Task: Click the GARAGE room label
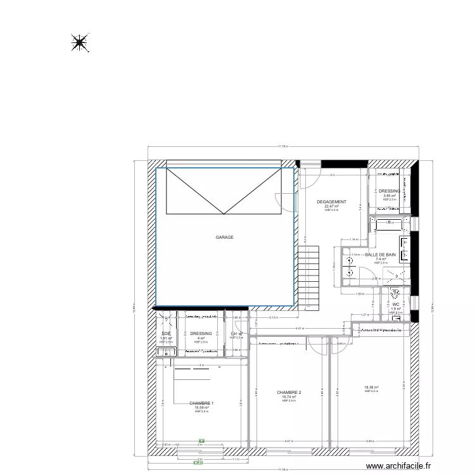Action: click(224, 237)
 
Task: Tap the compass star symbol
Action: click(79, 43)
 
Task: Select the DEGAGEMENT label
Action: click(331, 202)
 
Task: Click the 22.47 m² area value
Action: click(331, 206)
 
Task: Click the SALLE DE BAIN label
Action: click(381, 255)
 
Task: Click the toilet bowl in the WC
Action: click(395, 293)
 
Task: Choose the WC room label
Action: click(395, 304)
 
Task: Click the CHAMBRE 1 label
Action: click(201, 403)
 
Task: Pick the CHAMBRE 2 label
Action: click(289, 393)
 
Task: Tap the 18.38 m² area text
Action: click(371, 388)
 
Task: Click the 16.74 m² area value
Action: click(289, 397)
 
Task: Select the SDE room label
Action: click(166, 334)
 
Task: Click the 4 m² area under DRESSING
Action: click(201, 338)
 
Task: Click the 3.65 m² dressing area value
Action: click(389, 196)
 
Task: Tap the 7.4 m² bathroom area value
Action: click(381, 259)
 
